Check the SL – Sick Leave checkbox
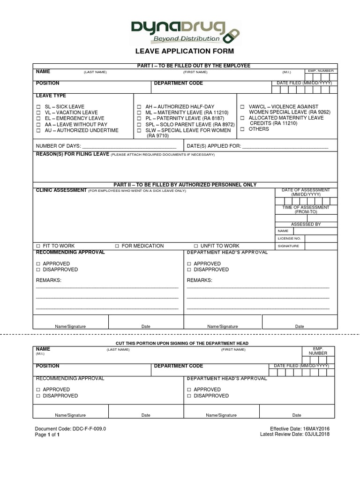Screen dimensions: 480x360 point(39,107)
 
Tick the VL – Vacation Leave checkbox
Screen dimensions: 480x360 point(39,113)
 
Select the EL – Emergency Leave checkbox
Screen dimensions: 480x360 point(39,119)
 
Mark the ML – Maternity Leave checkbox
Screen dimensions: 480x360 point(139,113)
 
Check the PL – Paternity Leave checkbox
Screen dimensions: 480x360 point(139,119)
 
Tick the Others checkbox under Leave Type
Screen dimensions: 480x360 point(242,129)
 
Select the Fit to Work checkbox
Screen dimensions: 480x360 point(38,246)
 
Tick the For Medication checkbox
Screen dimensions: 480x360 point(117,246)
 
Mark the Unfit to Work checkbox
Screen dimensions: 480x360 point(196,246)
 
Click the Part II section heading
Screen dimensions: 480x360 point(185,185)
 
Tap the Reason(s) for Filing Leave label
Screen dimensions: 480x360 point(73,154)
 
